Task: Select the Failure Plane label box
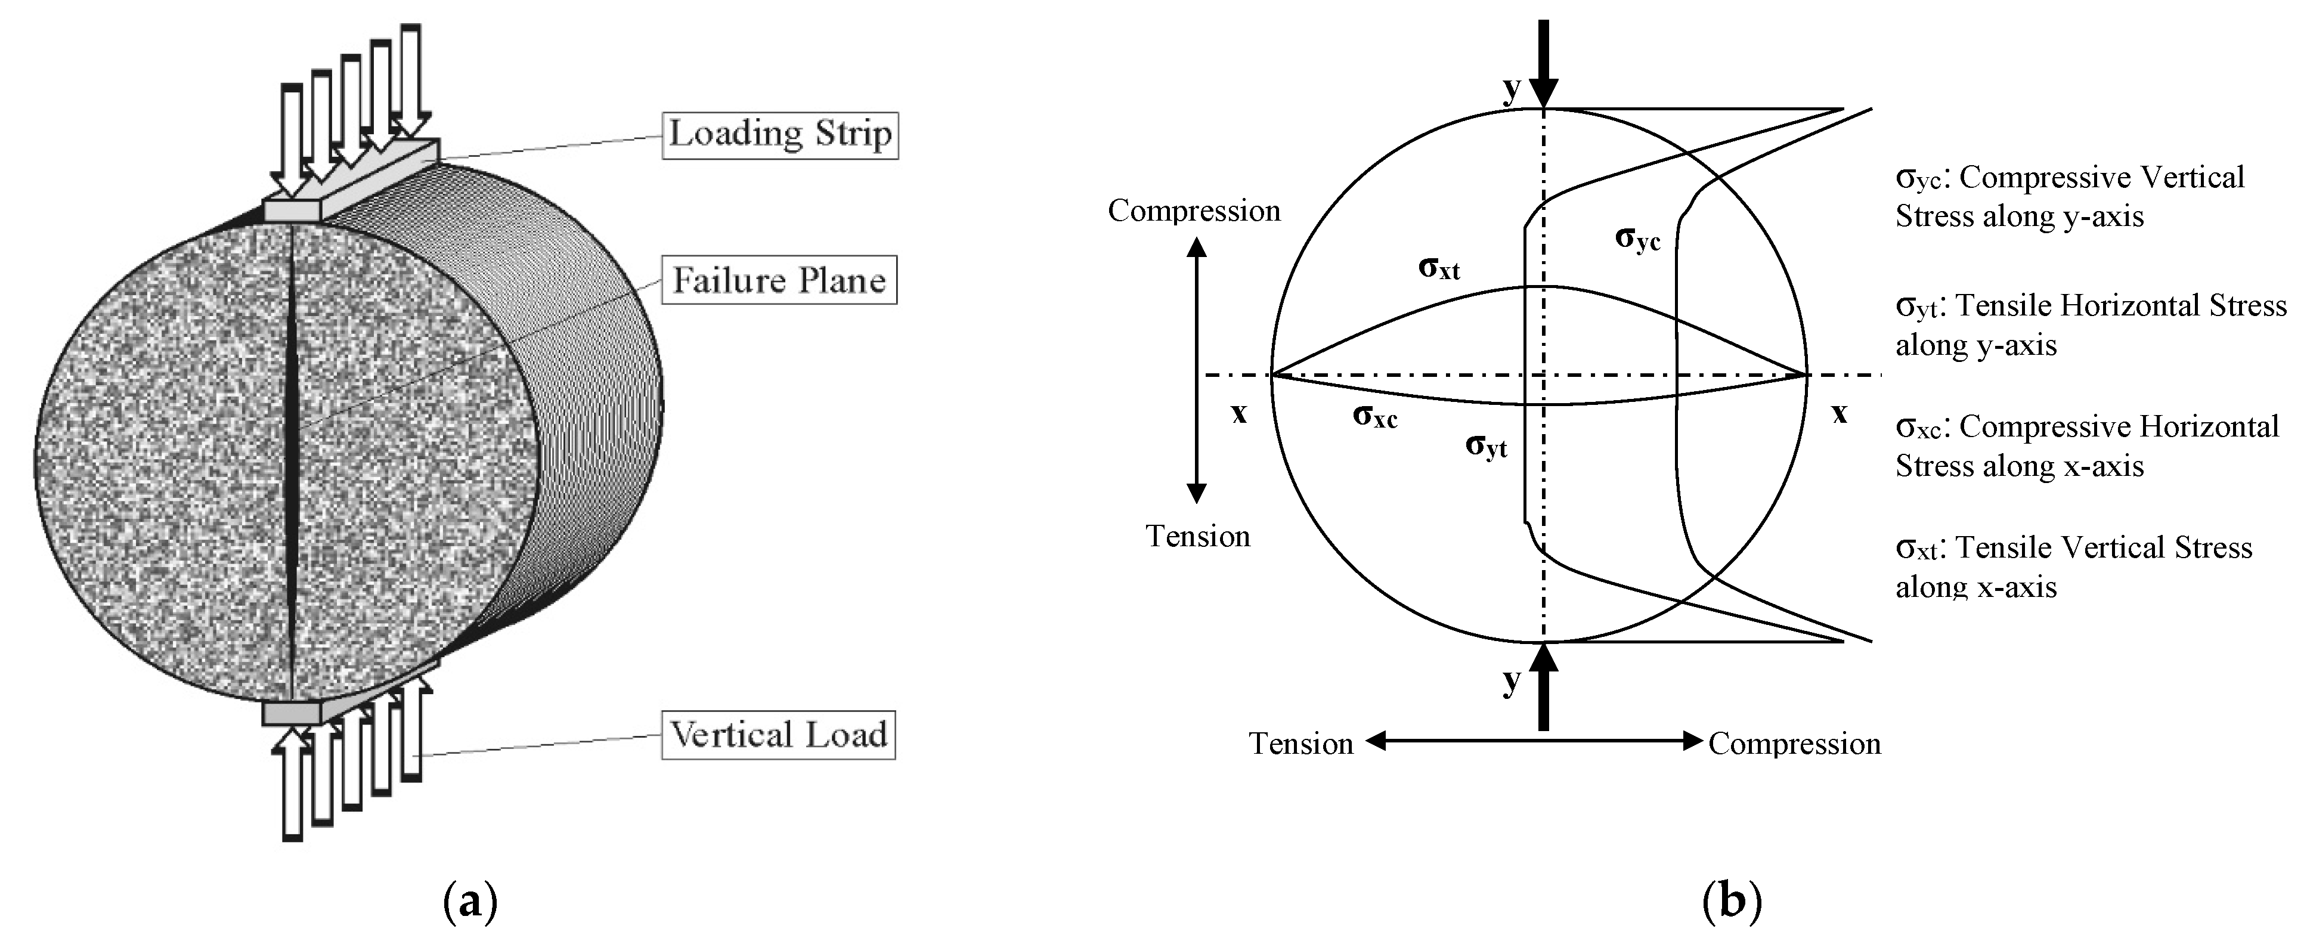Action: coord(778,280)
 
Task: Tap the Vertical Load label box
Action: coord(778,735)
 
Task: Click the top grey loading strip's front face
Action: coord(292,211)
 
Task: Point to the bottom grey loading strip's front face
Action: coord(292,714)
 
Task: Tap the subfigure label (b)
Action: coord(1730,902)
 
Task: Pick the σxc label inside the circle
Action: coord(1374,416)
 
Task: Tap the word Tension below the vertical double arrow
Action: coord(1197,536)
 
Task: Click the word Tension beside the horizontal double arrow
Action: coord(1300,744)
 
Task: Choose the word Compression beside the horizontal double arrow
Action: coord(1794,744)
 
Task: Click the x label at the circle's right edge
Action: coord(1838,414)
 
